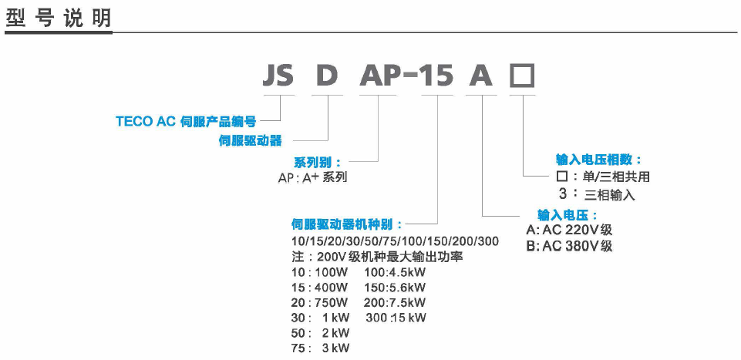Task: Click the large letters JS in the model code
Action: pyautogui.click(x=278, y=76)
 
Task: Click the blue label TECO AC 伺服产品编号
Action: pyautogui.click(x=186, y=121)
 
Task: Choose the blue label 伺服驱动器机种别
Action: pyautogui.click(x=347, y=225)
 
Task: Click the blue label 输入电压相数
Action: pyautogui.click(x=599, y=160)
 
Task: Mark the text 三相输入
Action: pyautogui.click(x=610, y=195)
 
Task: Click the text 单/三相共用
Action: pyautogui.click(x=616, y=177)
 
